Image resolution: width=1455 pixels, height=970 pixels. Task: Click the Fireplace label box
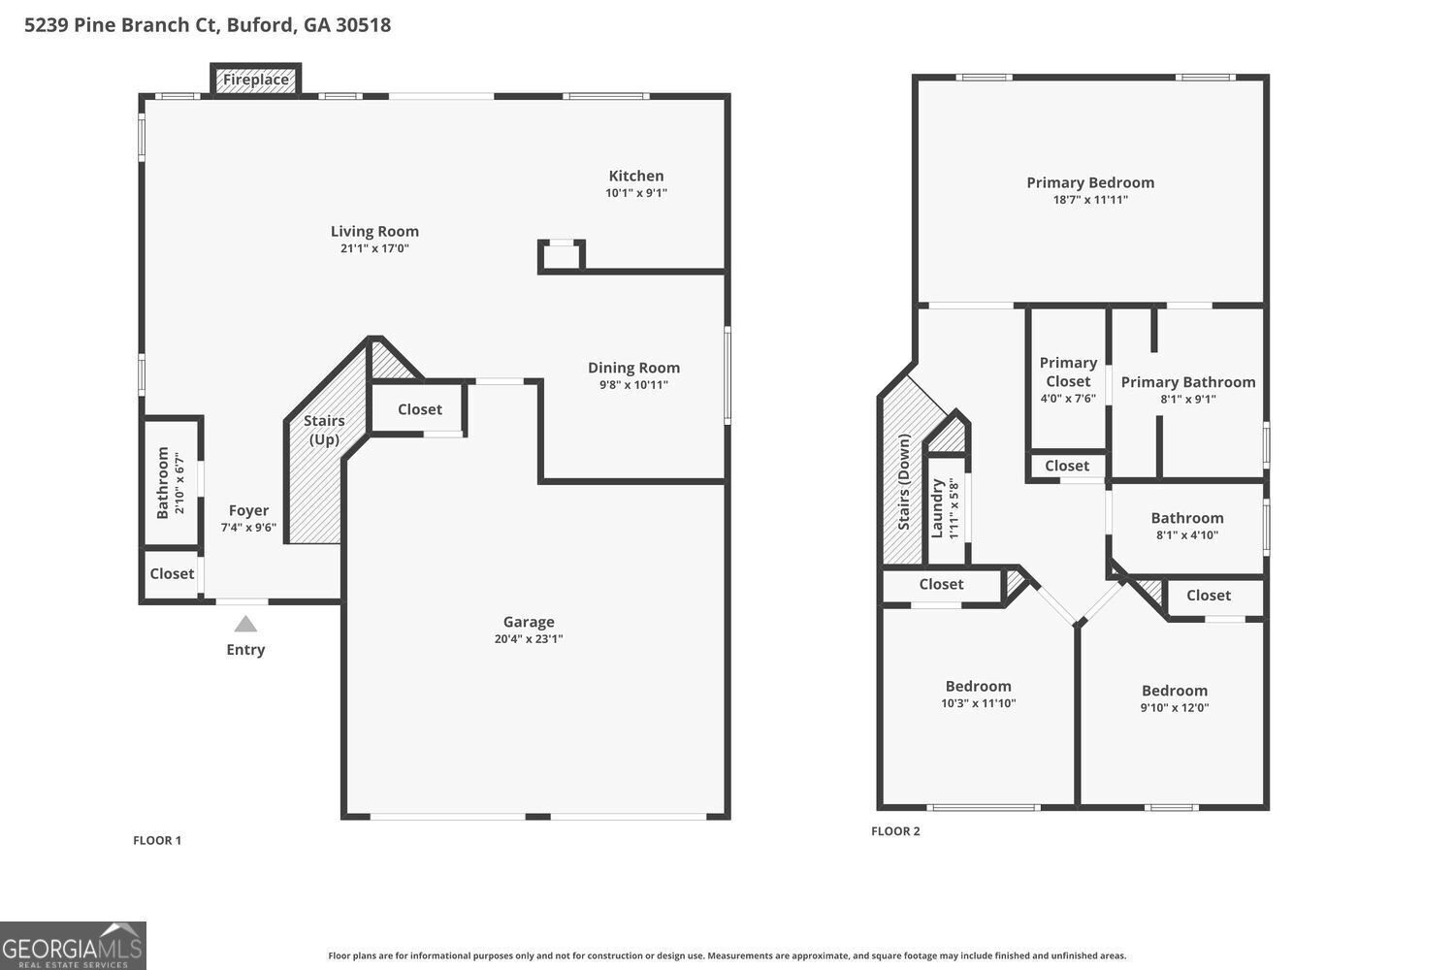click(x=256, y=80)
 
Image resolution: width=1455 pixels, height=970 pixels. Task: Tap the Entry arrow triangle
click(x=245, y=625)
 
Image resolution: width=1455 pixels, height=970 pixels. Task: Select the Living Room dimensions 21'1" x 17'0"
click(x=374, y=248)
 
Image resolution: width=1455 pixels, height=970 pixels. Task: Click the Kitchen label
click(x=636, y=176)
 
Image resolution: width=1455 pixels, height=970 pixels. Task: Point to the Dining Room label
click(x=634, y=368)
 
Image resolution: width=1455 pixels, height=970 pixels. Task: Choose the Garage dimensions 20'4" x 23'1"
click(x=529, y=638)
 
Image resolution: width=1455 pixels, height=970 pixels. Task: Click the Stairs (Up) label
click(x=324, y=430)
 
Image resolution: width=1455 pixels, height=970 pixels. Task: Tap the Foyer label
click(x=248, y=510)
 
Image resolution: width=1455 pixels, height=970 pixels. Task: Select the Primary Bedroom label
click(x=1090, y=182)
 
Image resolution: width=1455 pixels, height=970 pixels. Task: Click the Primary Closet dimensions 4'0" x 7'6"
click(x=1068, y=399)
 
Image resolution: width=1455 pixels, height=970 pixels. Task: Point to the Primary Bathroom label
click(x=1188, y=382)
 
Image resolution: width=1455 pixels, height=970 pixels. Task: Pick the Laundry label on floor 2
click(x=937, y=508)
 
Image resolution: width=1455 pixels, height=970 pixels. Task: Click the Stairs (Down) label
click(x=903, y=481)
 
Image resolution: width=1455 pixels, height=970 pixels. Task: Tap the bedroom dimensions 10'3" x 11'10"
click(x=978, y=703)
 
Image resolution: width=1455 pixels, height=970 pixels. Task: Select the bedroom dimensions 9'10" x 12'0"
click(x=1175, y=707)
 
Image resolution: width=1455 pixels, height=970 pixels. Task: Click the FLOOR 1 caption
click(x=157, y=840)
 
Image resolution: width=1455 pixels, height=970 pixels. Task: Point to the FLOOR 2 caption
click(x=895, y=831)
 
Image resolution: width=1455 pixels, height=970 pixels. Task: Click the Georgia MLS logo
click(x=73, y=946)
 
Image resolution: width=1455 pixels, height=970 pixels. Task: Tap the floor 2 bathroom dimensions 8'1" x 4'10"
click(x=1186, y=535)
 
